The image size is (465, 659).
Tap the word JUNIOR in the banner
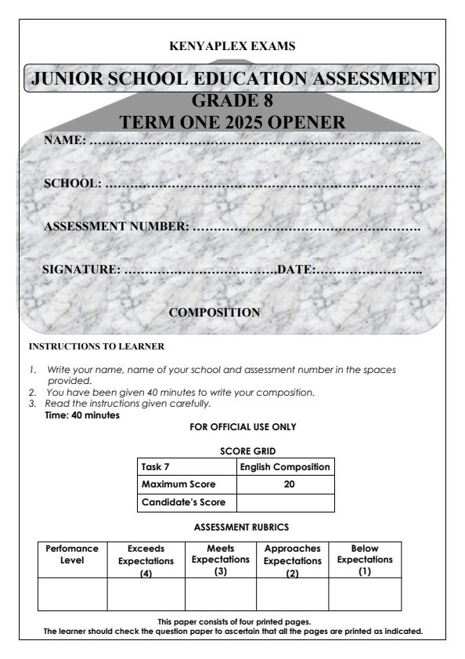[66, 79]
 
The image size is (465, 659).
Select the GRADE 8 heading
[232, 102]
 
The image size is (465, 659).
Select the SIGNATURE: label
[81, 270]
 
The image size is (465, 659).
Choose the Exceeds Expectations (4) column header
[146, 556]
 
